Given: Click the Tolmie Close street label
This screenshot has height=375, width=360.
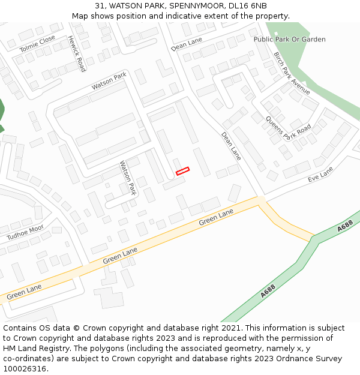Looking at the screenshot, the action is (37, 43).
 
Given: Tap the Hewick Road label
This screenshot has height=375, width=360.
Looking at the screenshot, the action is (76, 53).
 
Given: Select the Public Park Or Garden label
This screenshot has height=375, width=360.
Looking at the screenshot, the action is (289, 40).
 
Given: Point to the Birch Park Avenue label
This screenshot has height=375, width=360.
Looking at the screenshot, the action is (292, 73).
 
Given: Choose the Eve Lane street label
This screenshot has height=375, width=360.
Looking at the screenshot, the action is (320, 175).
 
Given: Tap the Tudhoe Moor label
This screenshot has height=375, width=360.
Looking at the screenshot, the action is (25, 232).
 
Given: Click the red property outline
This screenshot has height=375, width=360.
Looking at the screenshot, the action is (182, 171).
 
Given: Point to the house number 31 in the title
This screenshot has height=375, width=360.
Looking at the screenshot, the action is (99, 5).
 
